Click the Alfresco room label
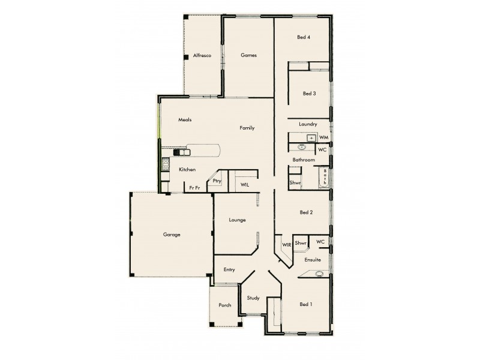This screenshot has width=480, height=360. click(x=202, y=55)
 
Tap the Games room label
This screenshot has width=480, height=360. click(x=248, y=55)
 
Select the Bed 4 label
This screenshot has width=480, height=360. click(x=304, y=37)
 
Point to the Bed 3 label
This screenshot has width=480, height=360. click(x=309, y=93)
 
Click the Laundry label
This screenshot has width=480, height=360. click(x=307, y=124)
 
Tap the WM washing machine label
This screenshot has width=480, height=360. click(x=323, y=138)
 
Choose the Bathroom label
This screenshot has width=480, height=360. click(x=304, y=160)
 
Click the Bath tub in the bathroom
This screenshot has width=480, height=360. click(x=325, y=178)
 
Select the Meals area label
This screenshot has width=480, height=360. click(x=184, y=120)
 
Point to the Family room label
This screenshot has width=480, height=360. click(x=247, y=128)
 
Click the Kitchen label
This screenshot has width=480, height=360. click(x=187, y=170)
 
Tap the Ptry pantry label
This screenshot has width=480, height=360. click(x=217, y=181)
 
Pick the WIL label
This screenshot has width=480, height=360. click(x=245, y=185)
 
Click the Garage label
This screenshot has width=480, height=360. click(x=172, y=235)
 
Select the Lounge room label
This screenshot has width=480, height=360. click(x=237, y=220)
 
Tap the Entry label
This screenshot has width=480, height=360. click(x=229, y=269)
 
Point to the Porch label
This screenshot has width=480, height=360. click(x=225, y=305)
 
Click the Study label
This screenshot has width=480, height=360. click(x=253, y=298)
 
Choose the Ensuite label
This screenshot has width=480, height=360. click(x=312, y=260)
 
